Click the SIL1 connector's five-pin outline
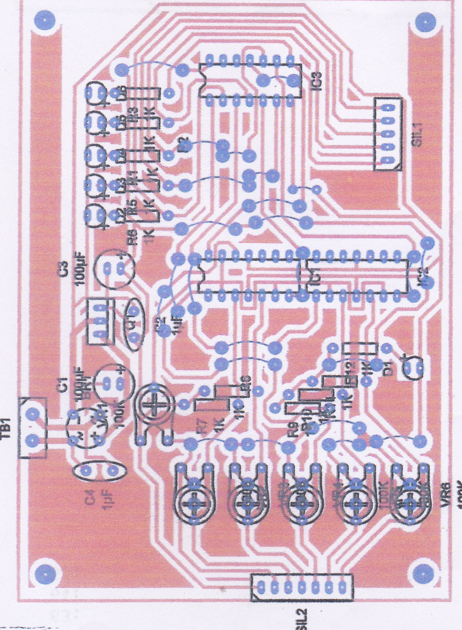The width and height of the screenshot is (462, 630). pyautogui.click(x=387, y=134)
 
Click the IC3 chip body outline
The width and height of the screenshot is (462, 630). pyautogui.click(x=250, y=81)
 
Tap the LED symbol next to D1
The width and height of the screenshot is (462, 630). pyautogui.click(x=412, y=367)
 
